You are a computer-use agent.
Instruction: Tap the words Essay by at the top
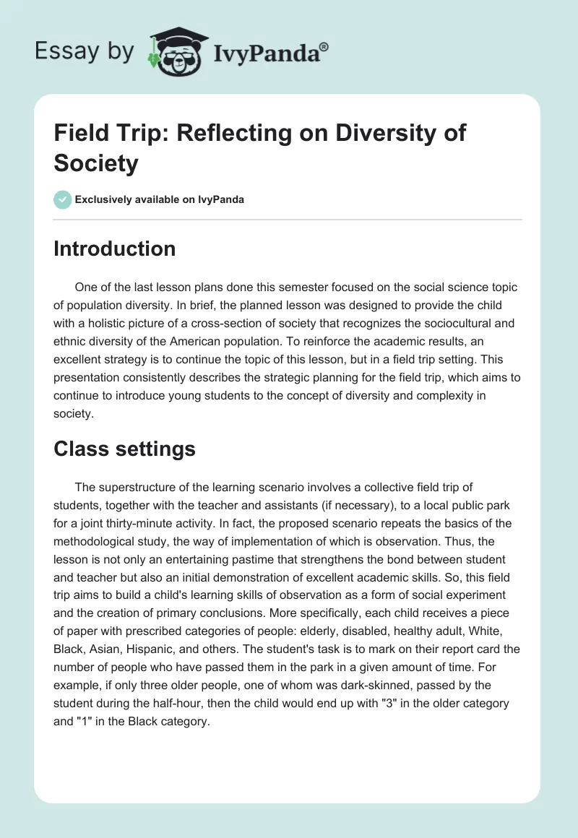(85, 51)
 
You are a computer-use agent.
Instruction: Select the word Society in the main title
(95, 163)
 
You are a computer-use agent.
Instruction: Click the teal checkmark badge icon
(63, 199)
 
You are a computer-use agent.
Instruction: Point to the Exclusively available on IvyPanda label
(160, 199)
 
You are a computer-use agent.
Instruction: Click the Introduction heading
(114, 249)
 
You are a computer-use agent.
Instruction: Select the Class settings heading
(124, 449)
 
